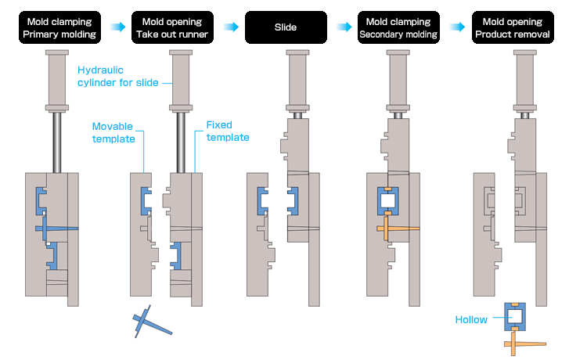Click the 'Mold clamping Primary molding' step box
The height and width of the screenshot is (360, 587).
(x=59, y=27)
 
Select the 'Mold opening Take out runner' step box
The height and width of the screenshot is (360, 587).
(x=171, y=27)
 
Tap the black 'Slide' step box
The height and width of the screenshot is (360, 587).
(x=285, y=27)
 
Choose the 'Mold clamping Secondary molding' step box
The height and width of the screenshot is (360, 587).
(x=398, y=27)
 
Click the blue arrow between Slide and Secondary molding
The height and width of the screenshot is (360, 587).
(x=341, y=27)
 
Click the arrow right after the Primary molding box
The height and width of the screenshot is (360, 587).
(x=116, y=27)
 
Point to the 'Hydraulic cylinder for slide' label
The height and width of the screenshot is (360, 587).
(x=117, y=77)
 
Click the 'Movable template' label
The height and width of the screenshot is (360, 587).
(x=113, y=132)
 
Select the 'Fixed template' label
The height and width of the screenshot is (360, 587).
(x=228, y=131)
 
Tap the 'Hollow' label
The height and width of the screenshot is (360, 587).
(x=472, y=319)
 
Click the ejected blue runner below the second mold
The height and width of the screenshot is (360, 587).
(x=149, y=322)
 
